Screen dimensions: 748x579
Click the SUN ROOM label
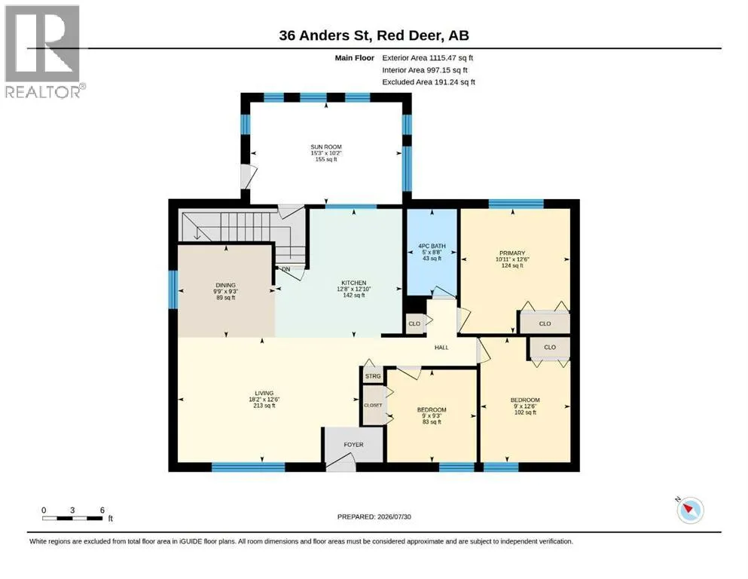click(326, 147)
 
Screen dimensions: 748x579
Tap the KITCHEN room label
click(354, 283)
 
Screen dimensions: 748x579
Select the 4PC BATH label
click(432, 246)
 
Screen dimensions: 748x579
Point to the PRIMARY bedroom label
click(512, 253)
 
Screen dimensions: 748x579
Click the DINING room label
click(226, 285)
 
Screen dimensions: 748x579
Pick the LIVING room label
click(264, 393)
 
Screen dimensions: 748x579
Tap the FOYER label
click(353, 444)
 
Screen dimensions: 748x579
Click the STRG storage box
click(373, 376)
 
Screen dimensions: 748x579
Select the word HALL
click(441, 348)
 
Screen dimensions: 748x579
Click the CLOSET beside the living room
click(373, 406)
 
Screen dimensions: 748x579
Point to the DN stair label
click(285, 269)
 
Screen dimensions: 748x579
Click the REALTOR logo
click(43, 51)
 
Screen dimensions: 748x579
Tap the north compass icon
click(690, 510)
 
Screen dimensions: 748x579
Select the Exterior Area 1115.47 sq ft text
click(427, 58)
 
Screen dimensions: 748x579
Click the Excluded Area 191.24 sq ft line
click(429, 81)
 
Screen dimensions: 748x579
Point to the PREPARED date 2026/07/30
click(374, 516)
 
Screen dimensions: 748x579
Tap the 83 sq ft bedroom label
click(432, 422)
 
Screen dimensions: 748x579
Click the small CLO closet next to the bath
click(414, 323)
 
